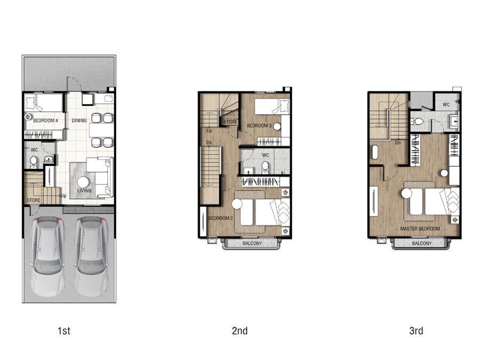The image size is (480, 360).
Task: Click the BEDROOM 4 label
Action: pos(45,121)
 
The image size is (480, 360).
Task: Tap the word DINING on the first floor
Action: pos(79,121)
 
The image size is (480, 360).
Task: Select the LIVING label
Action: pos(84,190)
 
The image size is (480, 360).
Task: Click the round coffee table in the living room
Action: pos(83,182)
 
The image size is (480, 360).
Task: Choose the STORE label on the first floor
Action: pos(34,200)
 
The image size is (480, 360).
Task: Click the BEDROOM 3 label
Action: pos(259,125)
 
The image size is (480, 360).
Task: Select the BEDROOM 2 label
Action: pos(220,218)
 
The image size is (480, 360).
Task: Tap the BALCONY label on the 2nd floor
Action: pos(252,244)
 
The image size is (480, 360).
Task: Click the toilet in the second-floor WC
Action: pos(265,167)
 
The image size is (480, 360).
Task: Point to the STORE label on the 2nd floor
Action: pos(230,122)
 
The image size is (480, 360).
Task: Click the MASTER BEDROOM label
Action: pos(420,229)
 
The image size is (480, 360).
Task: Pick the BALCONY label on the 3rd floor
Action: pos(422,244)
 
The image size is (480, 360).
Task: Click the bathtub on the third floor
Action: pos(375,153)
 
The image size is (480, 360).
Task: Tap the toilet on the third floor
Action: pos(417,122)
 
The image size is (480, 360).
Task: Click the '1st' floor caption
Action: pos(64,331)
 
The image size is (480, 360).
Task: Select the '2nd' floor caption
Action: pos(239,331)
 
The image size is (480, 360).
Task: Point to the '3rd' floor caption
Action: pos(417,331)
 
